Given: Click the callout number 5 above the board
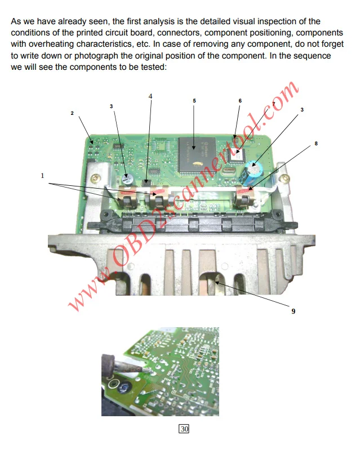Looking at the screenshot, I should (x=194, y=101).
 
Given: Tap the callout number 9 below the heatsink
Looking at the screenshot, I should (x=293, y=311).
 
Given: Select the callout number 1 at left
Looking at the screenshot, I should (x=42, y=176).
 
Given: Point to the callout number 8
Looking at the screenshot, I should (x=316, y=144).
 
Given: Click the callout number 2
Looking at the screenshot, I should (x=72, y=113).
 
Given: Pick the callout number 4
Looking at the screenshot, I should (x=150, y=96).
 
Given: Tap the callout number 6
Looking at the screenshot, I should (x=240, y=101).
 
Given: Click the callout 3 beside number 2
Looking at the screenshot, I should (x=111, y=106).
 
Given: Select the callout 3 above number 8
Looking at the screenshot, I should (x=302, y=109).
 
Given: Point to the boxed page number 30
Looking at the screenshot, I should (x=184, y=429).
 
